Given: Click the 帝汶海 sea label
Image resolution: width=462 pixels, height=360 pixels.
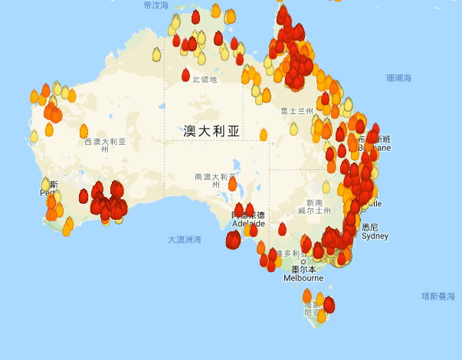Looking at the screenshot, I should (x=156, y=5).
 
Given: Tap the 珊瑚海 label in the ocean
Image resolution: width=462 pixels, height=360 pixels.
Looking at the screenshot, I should (x=398, y=78).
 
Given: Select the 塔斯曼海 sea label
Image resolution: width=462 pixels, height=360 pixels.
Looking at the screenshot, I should (x=438, y=296).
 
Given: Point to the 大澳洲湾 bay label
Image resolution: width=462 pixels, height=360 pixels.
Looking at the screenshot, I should (x=185, y=240).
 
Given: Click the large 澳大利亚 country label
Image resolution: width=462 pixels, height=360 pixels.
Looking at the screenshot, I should (x=211, y=131).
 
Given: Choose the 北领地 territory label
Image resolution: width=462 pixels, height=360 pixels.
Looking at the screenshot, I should (x=205, y=80).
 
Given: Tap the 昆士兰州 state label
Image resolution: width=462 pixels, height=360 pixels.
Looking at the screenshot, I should (x=297, y=111).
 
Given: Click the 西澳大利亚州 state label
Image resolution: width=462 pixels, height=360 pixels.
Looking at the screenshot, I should (x=105, y=146).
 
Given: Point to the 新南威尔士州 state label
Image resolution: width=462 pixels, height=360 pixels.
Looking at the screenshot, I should (x=314, y=206).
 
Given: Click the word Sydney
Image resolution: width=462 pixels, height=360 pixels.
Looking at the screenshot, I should (x=375, y=236).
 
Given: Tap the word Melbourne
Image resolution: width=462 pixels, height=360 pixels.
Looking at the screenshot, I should (x=303, y=278).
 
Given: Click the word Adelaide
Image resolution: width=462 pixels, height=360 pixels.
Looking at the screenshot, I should (x=248, y=224).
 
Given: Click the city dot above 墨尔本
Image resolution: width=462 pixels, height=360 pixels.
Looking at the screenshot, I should (x=303, y=262).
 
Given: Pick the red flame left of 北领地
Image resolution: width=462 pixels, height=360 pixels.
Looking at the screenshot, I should (x=185, y=75).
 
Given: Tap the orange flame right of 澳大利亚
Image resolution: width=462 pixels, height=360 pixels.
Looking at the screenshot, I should (x=264, y=136).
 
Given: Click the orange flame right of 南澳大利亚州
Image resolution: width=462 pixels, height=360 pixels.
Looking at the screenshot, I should (x=232, y=185).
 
